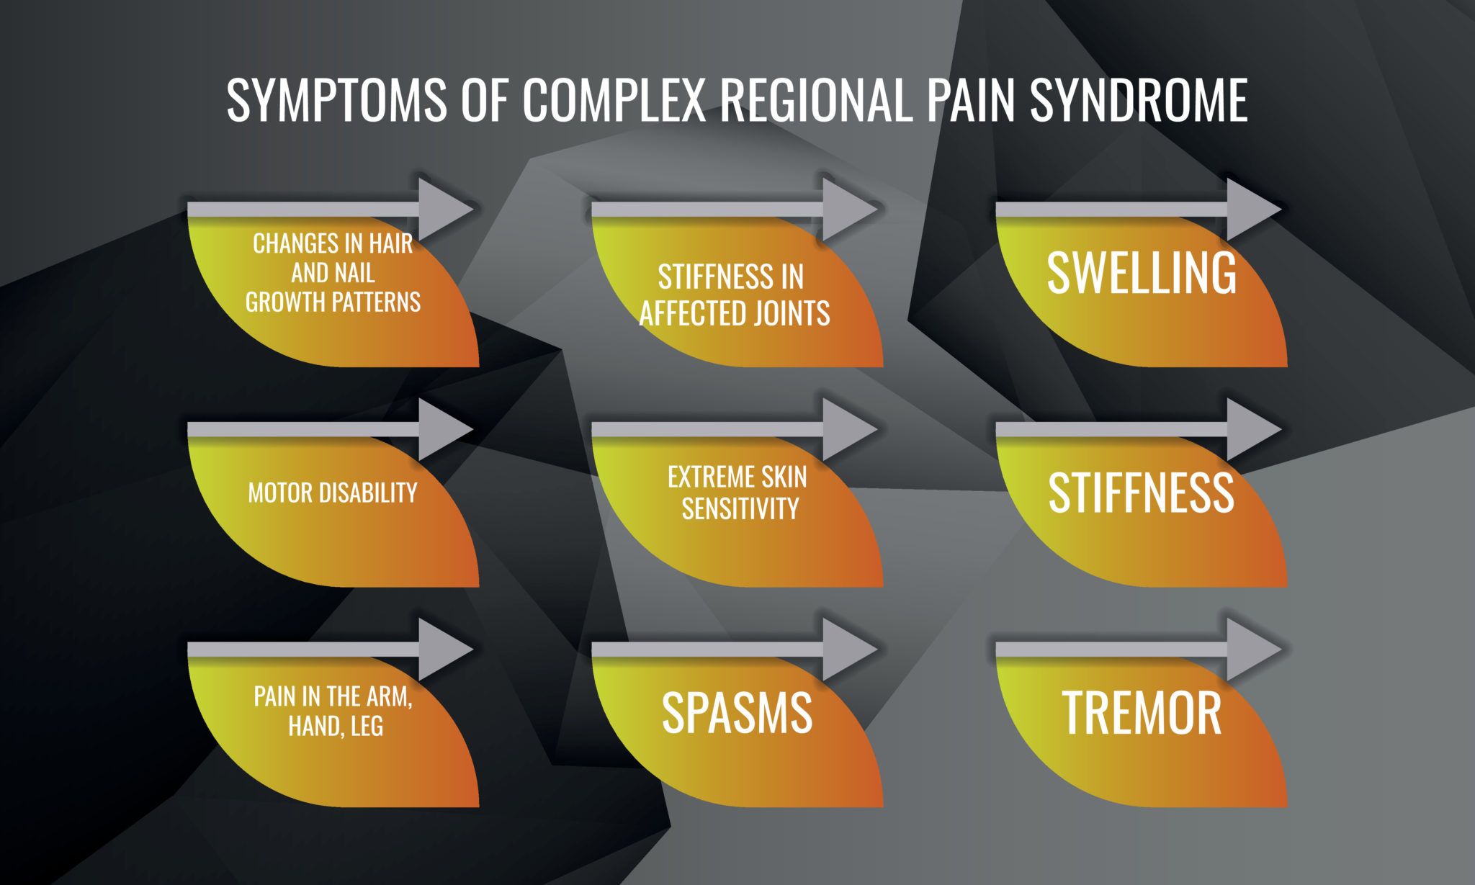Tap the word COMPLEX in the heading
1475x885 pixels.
click(x=614, y=101)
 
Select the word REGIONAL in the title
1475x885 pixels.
click(x=817, y=101)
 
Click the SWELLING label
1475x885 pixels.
click(x=1142, y=274)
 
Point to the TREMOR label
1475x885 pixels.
click(x=1142, y=713)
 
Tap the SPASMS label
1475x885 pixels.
click(x=737, y=713)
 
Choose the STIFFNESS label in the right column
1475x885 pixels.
click(x=1142, y=493)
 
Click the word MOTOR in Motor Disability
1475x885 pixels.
click(x=281, y=493)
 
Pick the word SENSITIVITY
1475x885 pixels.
click(x=740, y=509)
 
